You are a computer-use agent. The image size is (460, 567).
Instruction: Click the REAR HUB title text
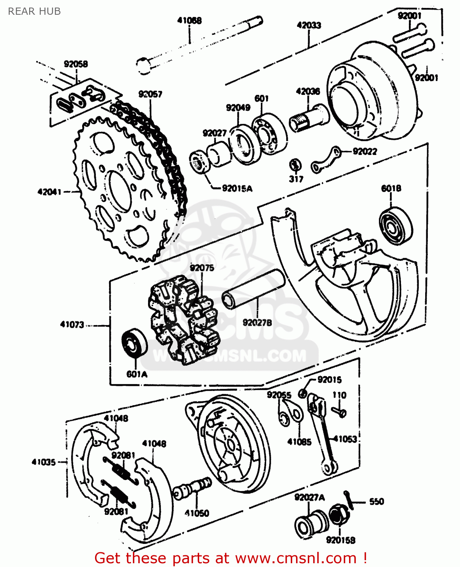pyautogui.click(x=34, y=11)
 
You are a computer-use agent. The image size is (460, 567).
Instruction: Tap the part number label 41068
pyautogui.click(x=189, y=20)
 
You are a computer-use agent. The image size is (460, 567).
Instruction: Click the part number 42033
pyautogui.click(x=309, y=25)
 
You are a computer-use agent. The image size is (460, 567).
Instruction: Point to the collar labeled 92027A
pyautogui.click(x=310, y=524)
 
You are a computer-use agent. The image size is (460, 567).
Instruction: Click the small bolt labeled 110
pyautogui.click(x=340, y=412)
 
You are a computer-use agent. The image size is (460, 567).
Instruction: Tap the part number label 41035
pyautogui.click(x=44, y=462)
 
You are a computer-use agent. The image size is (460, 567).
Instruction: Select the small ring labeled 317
pyautogui.click(x=295, y=165)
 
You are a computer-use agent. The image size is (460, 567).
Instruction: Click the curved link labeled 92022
pyautogui.click(x=326, y=159)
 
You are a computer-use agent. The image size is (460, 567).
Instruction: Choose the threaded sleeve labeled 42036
pyautogui.click(x=309, y=118)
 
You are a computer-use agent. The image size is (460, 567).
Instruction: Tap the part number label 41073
pyautogui.click(x=72, y=324)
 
